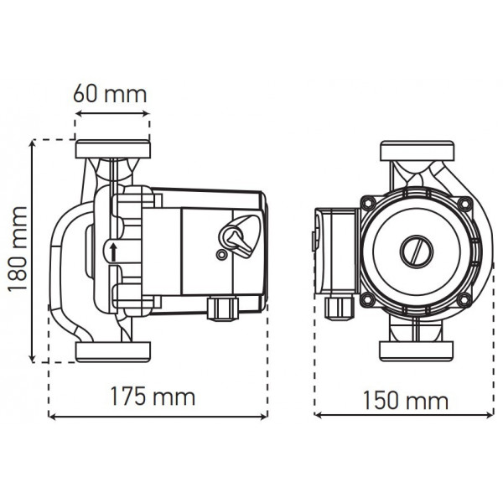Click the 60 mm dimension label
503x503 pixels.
click(110, 94)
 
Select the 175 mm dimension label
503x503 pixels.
click(153, 397)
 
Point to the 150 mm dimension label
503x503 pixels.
click(406, 401)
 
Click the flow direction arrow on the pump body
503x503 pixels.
click(112, 252)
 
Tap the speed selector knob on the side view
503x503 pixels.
click(240, 234)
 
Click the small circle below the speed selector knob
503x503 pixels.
click(220, 256)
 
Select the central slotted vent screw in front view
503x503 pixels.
click(416, 251)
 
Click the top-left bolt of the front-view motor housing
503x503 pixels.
click(368, 204)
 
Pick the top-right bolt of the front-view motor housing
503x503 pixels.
click(464, 204)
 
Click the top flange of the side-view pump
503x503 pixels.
click(113, 149)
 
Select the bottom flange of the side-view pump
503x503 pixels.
click(113, 351)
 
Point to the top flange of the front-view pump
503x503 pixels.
click(417, 151)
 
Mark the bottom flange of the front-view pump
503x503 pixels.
click(417, 350)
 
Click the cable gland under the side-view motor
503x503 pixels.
click(223, 309)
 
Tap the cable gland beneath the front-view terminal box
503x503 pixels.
click(339, 308)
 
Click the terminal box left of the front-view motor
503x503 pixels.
click(336, 251)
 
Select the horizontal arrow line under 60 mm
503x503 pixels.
click(112, 113)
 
